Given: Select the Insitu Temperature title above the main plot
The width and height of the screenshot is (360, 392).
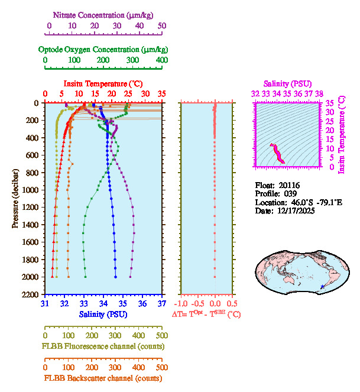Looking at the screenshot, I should pos(103,83).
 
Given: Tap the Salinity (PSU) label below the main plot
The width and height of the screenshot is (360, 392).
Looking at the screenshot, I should pos(103,314).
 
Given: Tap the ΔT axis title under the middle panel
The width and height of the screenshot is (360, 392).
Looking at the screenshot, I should pos(206,314).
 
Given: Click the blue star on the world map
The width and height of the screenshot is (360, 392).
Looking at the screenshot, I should pos(322,287).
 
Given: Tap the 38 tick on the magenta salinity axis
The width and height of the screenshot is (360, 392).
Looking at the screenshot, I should pos(319,93).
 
